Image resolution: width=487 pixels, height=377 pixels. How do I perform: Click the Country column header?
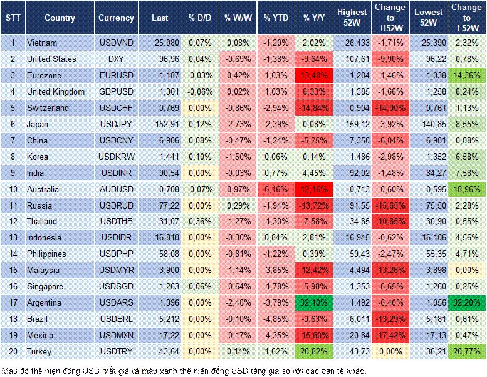[60, 18]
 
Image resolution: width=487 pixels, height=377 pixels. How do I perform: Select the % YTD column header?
[276, 18]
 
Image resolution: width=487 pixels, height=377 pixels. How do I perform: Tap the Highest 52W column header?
[352, 18]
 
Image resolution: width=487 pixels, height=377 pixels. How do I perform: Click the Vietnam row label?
[43, 43]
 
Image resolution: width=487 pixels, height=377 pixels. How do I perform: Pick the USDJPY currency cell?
[116, 124]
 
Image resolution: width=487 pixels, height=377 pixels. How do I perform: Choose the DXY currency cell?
[116, 59]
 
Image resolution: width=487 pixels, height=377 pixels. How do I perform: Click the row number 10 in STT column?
[13, 189]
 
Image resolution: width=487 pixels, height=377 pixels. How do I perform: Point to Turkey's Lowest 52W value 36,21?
[429, 352]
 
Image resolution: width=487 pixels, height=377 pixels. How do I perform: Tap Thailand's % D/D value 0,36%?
[199, 222]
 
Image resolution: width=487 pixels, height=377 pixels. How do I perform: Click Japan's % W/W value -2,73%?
[238, 124]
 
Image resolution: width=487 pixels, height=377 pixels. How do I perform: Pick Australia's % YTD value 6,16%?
[276, 189]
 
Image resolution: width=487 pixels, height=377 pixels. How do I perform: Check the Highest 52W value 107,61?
[352, 59]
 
